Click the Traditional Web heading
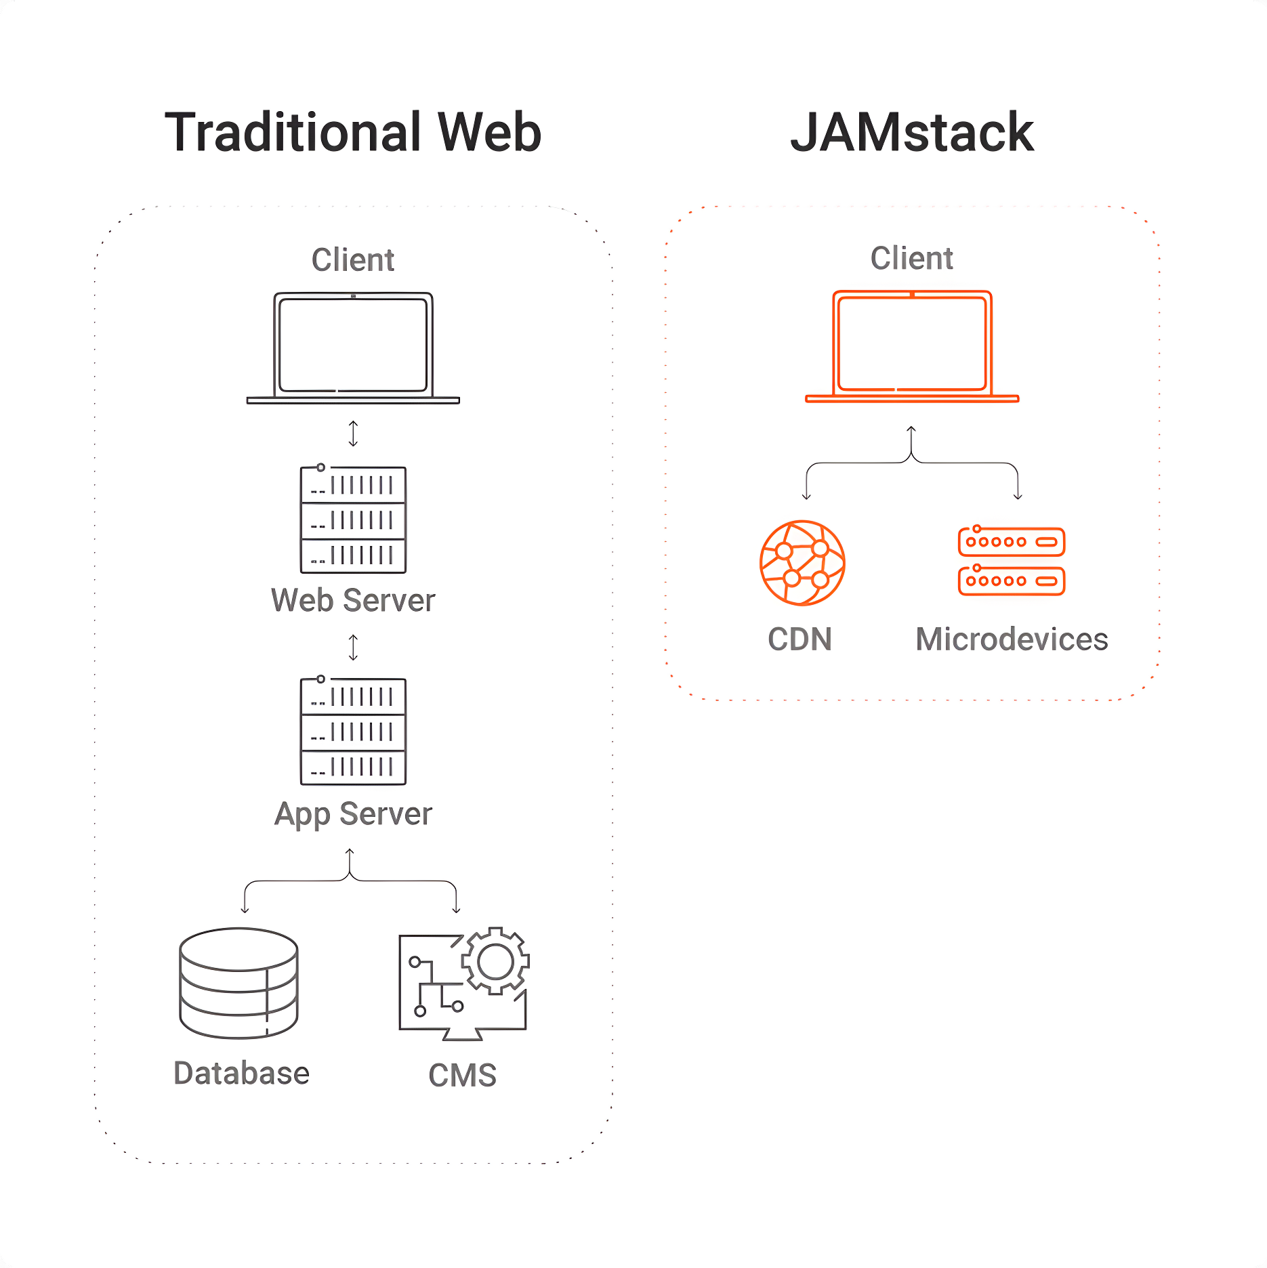click(353, 131)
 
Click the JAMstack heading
click(912, 131)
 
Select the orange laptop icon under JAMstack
click(912, 346)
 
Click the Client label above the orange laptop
click(912, 258)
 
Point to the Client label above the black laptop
click(353, 259)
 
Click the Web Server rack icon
click(353, 519)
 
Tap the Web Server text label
click(353, 600)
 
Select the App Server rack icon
click(353, 731)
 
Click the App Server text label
click(353, 814)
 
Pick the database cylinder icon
click(238, 983)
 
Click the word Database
click(241, 1073)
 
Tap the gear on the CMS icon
click(495, 960)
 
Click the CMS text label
click(463, 1075)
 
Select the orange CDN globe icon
click(802, 562)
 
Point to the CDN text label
click(799, 639)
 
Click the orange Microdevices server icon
click(1012, 561)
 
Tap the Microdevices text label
click(1012, 639)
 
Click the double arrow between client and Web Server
click(353, 434)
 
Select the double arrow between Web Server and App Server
click(353, 647)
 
